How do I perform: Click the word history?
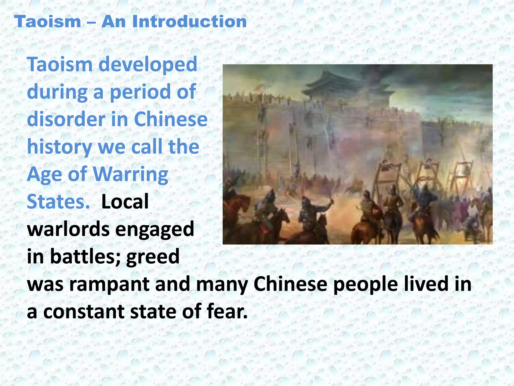click(59, 147)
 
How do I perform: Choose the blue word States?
click(58, 202)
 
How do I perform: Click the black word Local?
click(125, 202)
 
